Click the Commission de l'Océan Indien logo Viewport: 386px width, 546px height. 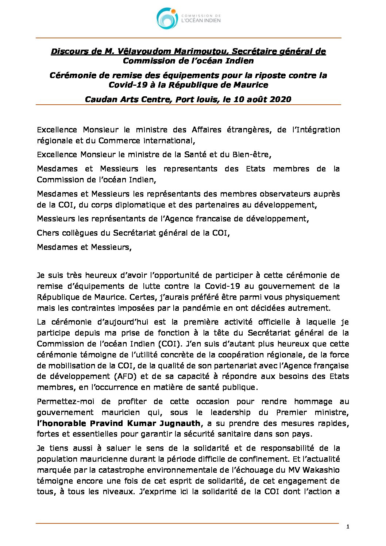click(189, 19)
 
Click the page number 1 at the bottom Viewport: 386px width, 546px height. click(348, 526)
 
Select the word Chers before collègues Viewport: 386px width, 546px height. click(47, 233)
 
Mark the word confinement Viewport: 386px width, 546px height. click(282, 459)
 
